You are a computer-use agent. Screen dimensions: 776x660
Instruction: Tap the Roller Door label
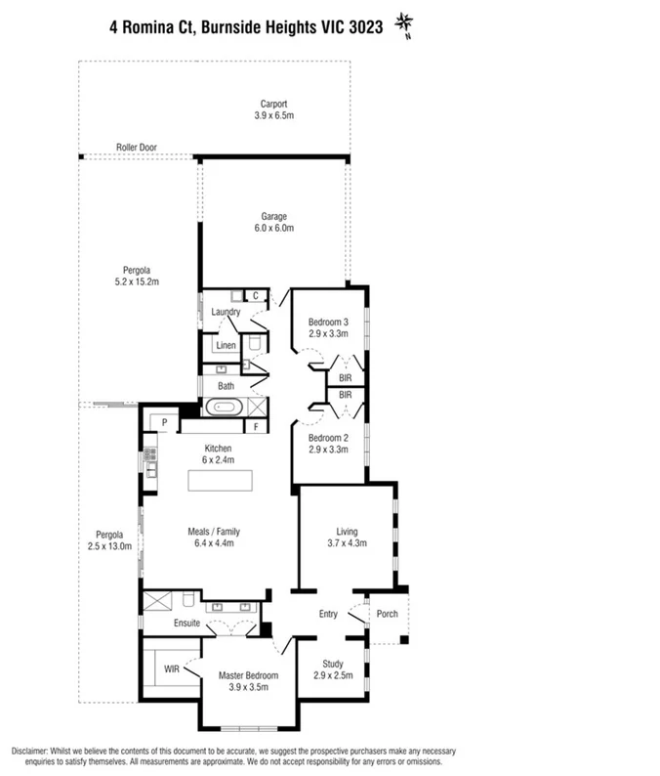pyautogui.click(x=137, y=148)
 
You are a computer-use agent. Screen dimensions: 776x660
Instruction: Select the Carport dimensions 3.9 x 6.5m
pyautogui.click(x=273, y=115)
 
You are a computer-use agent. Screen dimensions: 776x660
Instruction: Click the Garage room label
pyautogui.click(x=273, y=216)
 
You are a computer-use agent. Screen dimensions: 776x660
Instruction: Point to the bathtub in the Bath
pyautogui.click(x=226, y=408)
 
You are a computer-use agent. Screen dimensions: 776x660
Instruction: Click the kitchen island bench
pyautogui.click(x=221, y=482)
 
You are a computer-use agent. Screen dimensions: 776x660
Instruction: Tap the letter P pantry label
pyautogui.click(x=165, y=423)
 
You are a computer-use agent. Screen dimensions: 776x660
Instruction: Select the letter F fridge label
pyautogui.click(x=256, y=427)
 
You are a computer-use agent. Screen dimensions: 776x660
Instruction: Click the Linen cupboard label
pyautogui.click(x=226, y=346)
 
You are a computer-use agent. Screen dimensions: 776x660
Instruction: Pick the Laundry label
pyautogui.click(x=226, y=312)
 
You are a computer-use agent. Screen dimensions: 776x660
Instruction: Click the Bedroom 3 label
pyautogui.click(x=328, y=323)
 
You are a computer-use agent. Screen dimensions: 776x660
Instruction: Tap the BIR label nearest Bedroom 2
pyautogui.click(x=345, y=394)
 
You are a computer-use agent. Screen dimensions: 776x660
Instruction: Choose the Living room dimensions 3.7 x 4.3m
pyautogui.click(x=347, y=544)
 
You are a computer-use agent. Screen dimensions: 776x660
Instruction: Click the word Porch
pyautogui.click(x=387, y=615)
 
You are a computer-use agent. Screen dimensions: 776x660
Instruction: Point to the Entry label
pyautogui.click(x=328, y=614)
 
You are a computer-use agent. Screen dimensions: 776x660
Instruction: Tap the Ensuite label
pyautogui.click(x=186, y=623)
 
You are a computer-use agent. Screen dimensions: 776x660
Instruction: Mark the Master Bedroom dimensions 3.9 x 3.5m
pyautogui.click(x=248, y=687)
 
